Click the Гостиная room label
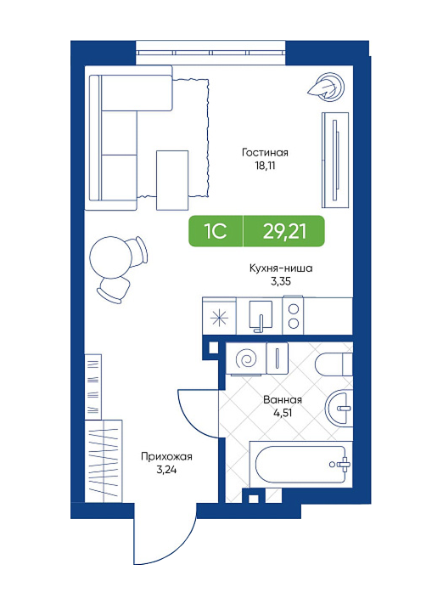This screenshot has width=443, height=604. pos(265,153)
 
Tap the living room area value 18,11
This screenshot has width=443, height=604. pos(265,166)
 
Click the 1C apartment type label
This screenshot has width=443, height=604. pos(216,232)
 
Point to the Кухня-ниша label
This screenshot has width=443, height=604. pos(281,268)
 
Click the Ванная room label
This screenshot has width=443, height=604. pos(283,400)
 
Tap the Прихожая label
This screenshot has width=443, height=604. pos(166,457)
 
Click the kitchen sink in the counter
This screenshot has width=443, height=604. pos(261,316)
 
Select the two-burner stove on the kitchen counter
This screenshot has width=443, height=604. pos(294,316)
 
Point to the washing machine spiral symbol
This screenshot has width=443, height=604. pos(246,359)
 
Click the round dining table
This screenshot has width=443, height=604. pos(108,257)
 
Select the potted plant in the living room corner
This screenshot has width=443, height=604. pos(326,87)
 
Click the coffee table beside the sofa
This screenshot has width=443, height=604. pos(172,180)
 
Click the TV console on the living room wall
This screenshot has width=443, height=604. pos(335,160)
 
